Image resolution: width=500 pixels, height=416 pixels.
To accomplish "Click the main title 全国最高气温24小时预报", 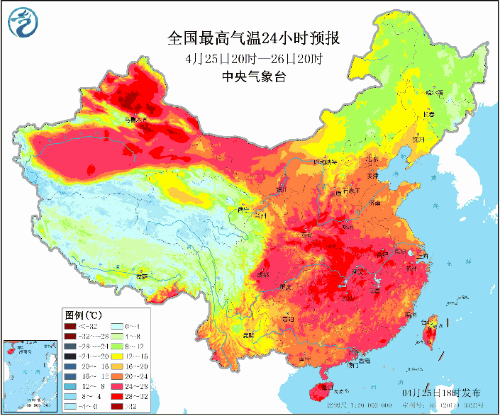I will coord(254,39).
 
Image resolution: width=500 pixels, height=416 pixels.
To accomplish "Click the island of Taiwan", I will coord(433,331).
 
